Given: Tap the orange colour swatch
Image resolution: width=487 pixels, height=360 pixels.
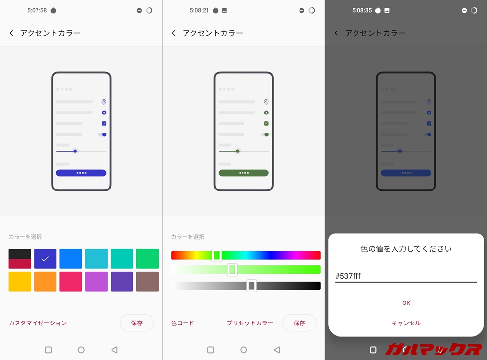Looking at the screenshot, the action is coord(45,282).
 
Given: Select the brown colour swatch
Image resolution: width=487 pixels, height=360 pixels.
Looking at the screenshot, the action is coord(147,282).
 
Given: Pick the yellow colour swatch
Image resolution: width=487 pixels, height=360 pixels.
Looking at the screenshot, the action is coord(20,282).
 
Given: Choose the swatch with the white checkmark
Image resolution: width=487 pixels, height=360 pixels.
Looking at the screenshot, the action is coord(45,259).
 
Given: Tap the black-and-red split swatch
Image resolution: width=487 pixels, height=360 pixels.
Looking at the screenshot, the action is coord(20,259).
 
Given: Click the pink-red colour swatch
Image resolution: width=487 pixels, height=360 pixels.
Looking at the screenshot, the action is coord(71,282).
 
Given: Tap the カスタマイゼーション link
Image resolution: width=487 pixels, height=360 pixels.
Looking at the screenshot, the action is coord(38,323).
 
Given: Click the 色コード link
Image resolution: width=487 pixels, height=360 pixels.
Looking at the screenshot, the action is coord(183,323).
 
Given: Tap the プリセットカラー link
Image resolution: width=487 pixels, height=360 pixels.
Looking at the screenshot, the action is coord(250,323).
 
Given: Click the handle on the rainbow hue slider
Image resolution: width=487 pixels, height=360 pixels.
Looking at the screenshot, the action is coord(217,255).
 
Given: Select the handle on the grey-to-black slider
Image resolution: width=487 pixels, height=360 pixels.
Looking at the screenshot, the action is coord(252,285).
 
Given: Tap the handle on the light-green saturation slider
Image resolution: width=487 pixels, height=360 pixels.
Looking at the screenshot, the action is coord(232,269).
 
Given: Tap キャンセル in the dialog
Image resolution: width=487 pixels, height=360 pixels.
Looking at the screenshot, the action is coord(406,323).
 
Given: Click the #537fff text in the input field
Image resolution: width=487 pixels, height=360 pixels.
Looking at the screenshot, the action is coord(348,276).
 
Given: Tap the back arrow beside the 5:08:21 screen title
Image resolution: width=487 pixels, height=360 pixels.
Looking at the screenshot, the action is coord(174,33).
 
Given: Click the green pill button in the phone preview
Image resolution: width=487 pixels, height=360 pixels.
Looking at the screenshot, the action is coord(243,173).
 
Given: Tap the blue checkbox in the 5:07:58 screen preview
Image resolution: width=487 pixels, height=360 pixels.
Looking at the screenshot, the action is coord(104,123).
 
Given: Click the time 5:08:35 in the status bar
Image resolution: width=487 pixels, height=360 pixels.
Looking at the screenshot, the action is coord(362,10).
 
